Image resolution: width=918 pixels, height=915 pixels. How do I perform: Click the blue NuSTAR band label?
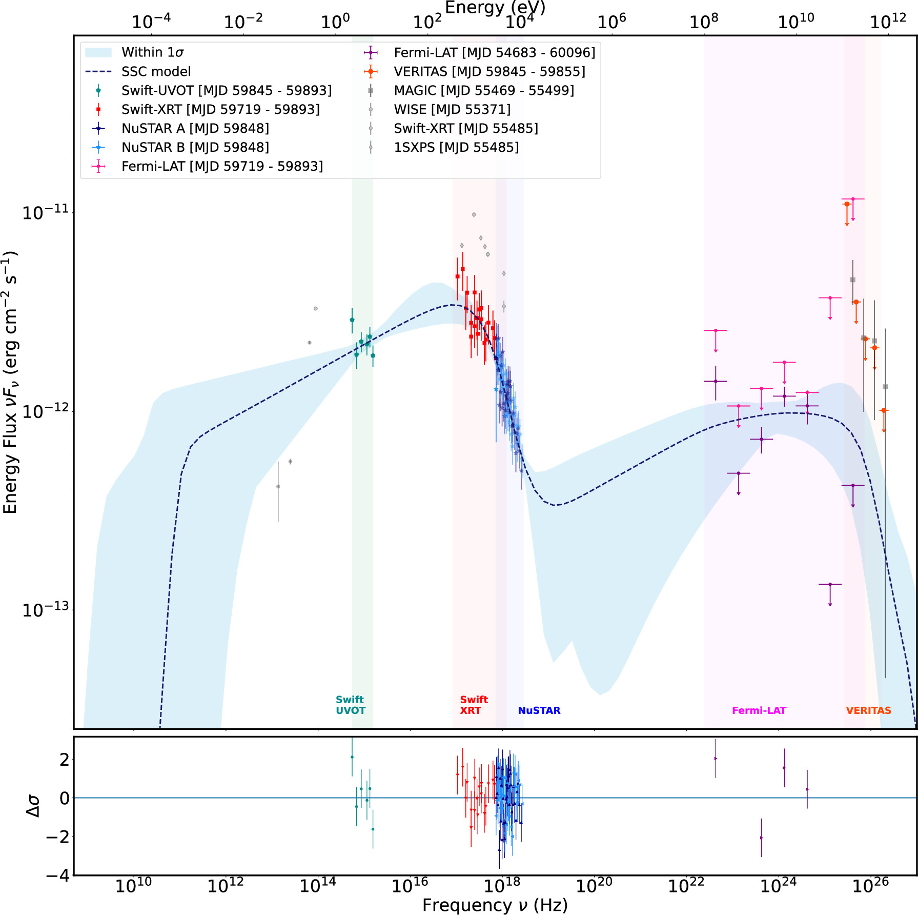[x=539, y=710]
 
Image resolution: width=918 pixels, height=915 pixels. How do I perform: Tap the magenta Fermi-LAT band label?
[x=759, y=710]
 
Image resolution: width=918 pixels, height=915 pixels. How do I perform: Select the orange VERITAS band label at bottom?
[x=869, y=710]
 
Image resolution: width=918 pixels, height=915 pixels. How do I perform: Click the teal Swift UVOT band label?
[x=351, y=705]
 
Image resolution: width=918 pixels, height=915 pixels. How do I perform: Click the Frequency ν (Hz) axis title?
[x=495, y=905]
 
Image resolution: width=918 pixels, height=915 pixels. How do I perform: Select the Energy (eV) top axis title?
[x=495, y=8]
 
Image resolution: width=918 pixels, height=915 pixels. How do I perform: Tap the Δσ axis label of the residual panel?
[x=33, y=806]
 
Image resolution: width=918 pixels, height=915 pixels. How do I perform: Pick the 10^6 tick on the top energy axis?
[x=611, y=22]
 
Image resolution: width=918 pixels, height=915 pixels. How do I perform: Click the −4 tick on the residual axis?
[x=57, y=876]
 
